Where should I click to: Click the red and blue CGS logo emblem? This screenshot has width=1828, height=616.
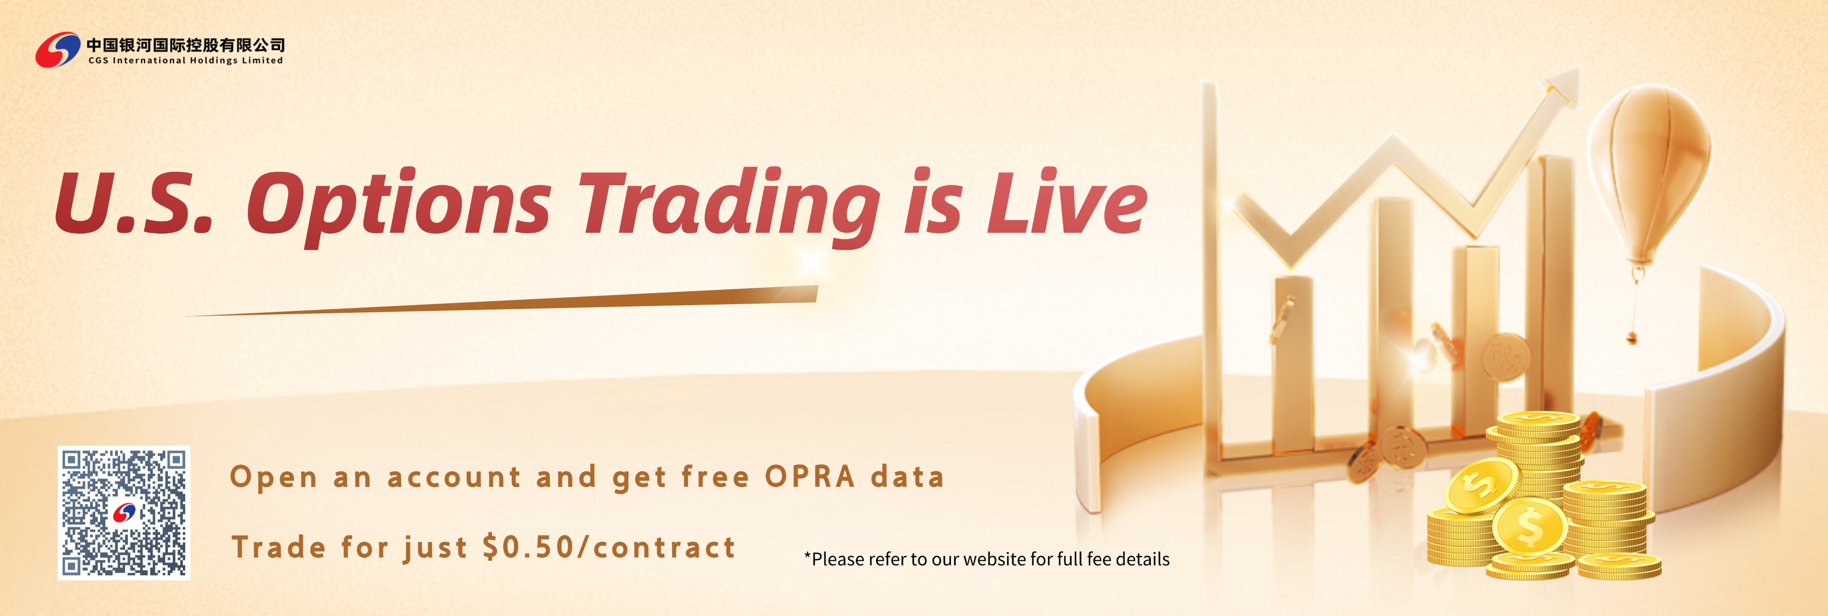coord(57,50)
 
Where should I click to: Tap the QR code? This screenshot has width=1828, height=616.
coord(124,513)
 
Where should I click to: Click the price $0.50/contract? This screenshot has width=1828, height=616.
coord(609,547)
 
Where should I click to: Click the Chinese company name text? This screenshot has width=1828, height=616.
coord(185,45)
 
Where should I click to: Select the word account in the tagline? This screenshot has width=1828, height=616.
coord(454,477)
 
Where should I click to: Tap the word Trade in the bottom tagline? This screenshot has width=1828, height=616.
coord(279,547)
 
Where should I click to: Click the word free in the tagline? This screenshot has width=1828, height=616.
coord(714,477)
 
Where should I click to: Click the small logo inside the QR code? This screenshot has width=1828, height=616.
coord(124,513)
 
